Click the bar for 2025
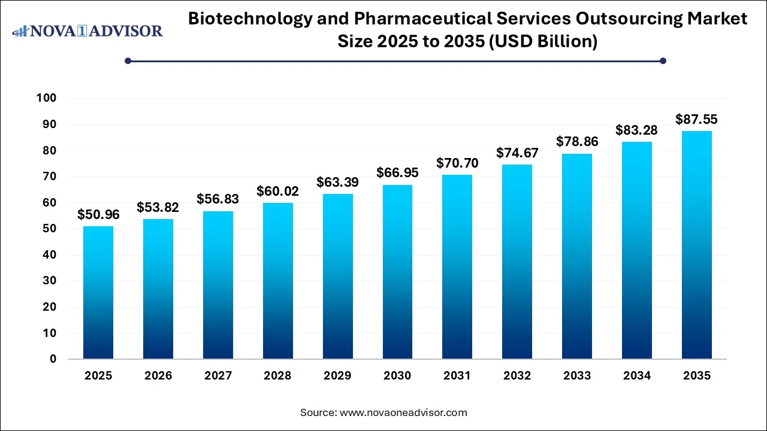click(98, 293)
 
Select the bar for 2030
click(397, 272)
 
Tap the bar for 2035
click(696, 245)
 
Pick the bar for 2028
click(277, 281)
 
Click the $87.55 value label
click(696, 119)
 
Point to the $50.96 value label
click(98, 214)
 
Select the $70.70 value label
click(457, 162)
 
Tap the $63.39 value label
click(337, 181)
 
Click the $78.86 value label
click(577, 141)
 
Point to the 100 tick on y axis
click(46, 98)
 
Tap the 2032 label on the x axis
click(517, 376)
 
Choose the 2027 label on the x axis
click(218, 376)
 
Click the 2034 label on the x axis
click(636, 376)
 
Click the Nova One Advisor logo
click(87, 31)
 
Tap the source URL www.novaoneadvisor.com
click(403, 412)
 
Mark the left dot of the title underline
click(128, 60)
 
